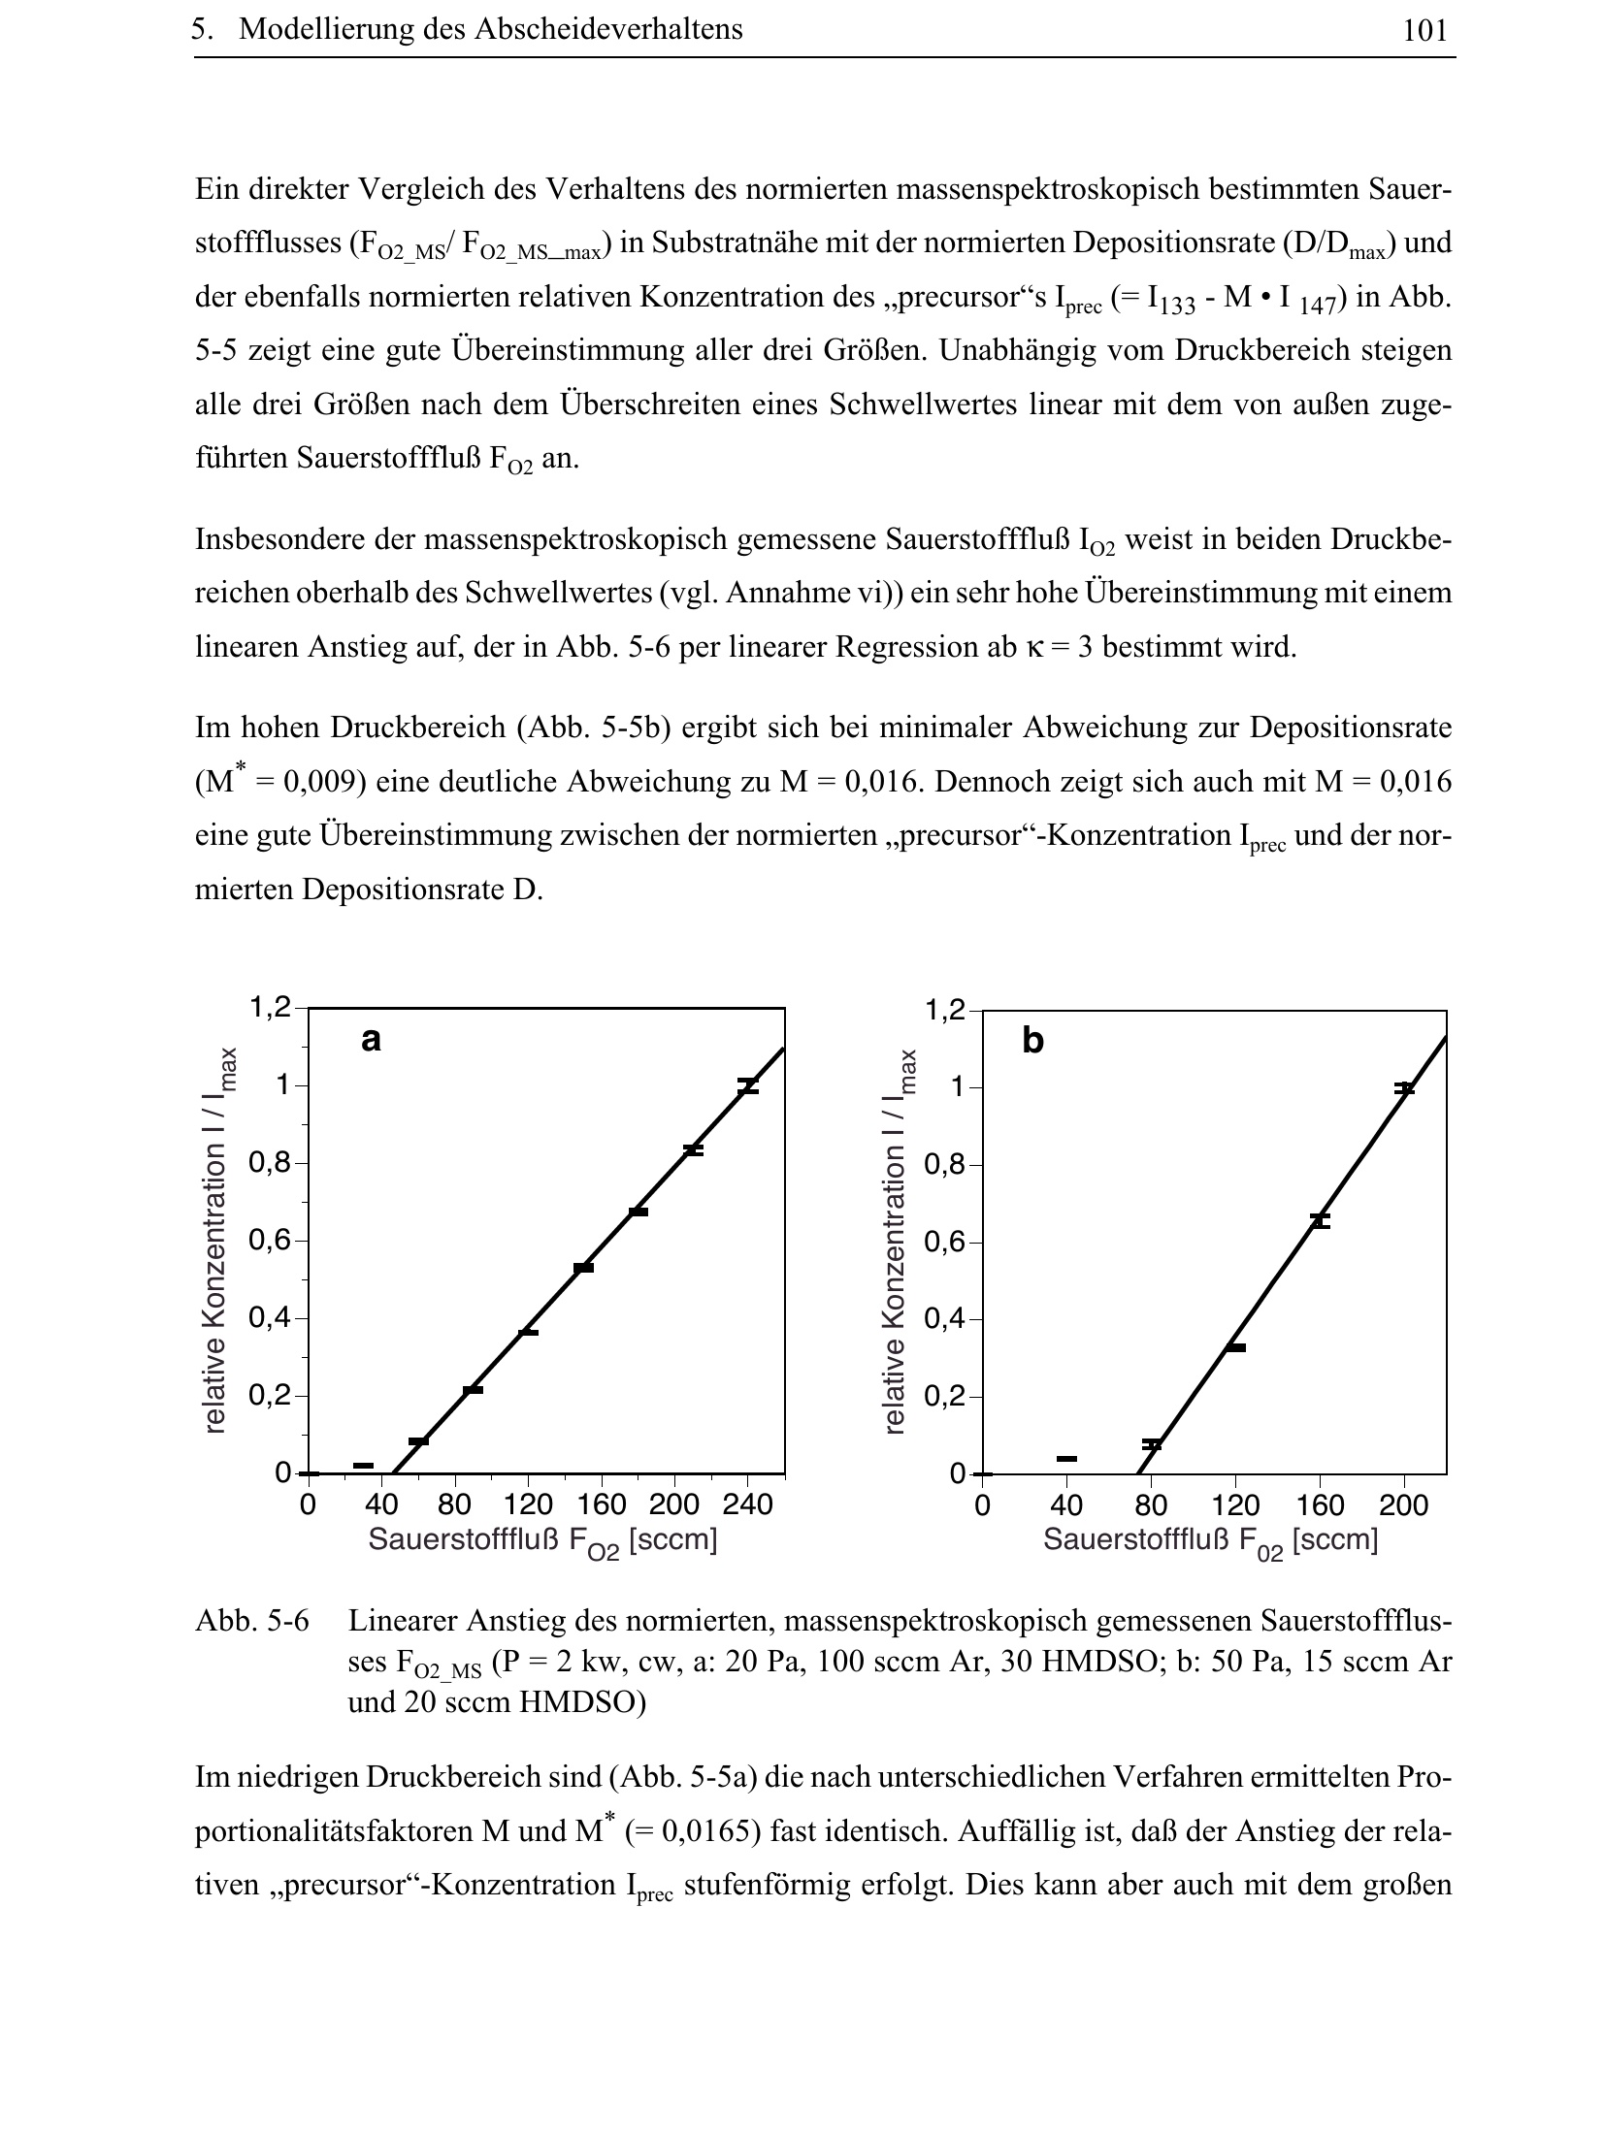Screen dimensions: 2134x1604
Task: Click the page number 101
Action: pos(1424,31)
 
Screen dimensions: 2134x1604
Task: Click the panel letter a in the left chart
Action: pos(371,1040)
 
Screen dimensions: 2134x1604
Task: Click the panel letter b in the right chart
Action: pos(1032,1042)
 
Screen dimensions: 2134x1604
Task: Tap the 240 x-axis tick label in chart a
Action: pos(747,1505)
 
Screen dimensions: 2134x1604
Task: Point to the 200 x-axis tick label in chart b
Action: pos(1403,1506)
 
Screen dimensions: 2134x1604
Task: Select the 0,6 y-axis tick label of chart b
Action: pos(945,1243)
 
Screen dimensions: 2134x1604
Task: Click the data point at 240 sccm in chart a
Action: pos(747,1086)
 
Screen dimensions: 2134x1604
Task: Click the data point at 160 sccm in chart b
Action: pos(1320,1220)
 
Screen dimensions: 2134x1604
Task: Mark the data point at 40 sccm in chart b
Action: pos(1066,1459)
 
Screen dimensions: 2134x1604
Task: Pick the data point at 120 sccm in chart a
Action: pos(528,1333)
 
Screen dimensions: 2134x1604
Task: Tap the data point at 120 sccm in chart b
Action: pos(1235,1347)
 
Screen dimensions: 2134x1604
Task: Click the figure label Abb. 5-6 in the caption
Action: pos(252,1621)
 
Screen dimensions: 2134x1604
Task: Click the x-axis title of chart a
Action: pos(542,1540)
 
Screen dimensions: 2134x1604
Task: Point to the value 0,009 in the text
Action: pos(312,783)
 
